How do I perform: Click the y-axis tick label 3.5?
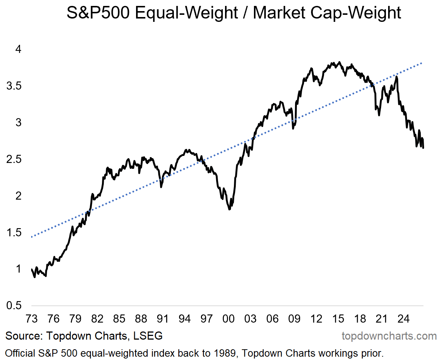pos(14,86)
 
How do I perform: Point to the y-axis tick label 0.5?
pos(14,306)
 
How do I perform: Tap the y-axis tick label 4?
pos(19,49)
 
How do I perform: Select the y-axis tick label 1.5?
pos(14,232)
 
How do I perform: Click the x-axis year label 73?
pos(32,319)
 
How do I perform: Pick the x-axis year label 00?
pos(228,319)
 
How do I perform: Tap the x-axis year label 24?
pos(403,319)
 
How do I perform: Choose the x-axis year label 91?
pos(163,319)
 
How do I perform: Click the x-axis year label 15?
pos(338,319)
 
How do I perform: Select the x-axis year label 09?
pos(294,319)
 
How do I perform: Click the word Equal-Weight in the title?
pos(186,13)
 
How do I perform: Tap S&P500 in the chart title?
pos(98,13)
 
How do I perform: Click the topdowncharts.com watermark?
pos(389,336)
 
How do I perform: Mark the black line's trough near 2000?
pos(229,209)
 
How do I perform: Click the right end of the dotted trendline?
pos(422,63)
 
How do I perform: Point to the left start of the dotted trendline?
pos(32,237)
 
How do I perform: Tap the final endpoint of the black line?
pos(423,148)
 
